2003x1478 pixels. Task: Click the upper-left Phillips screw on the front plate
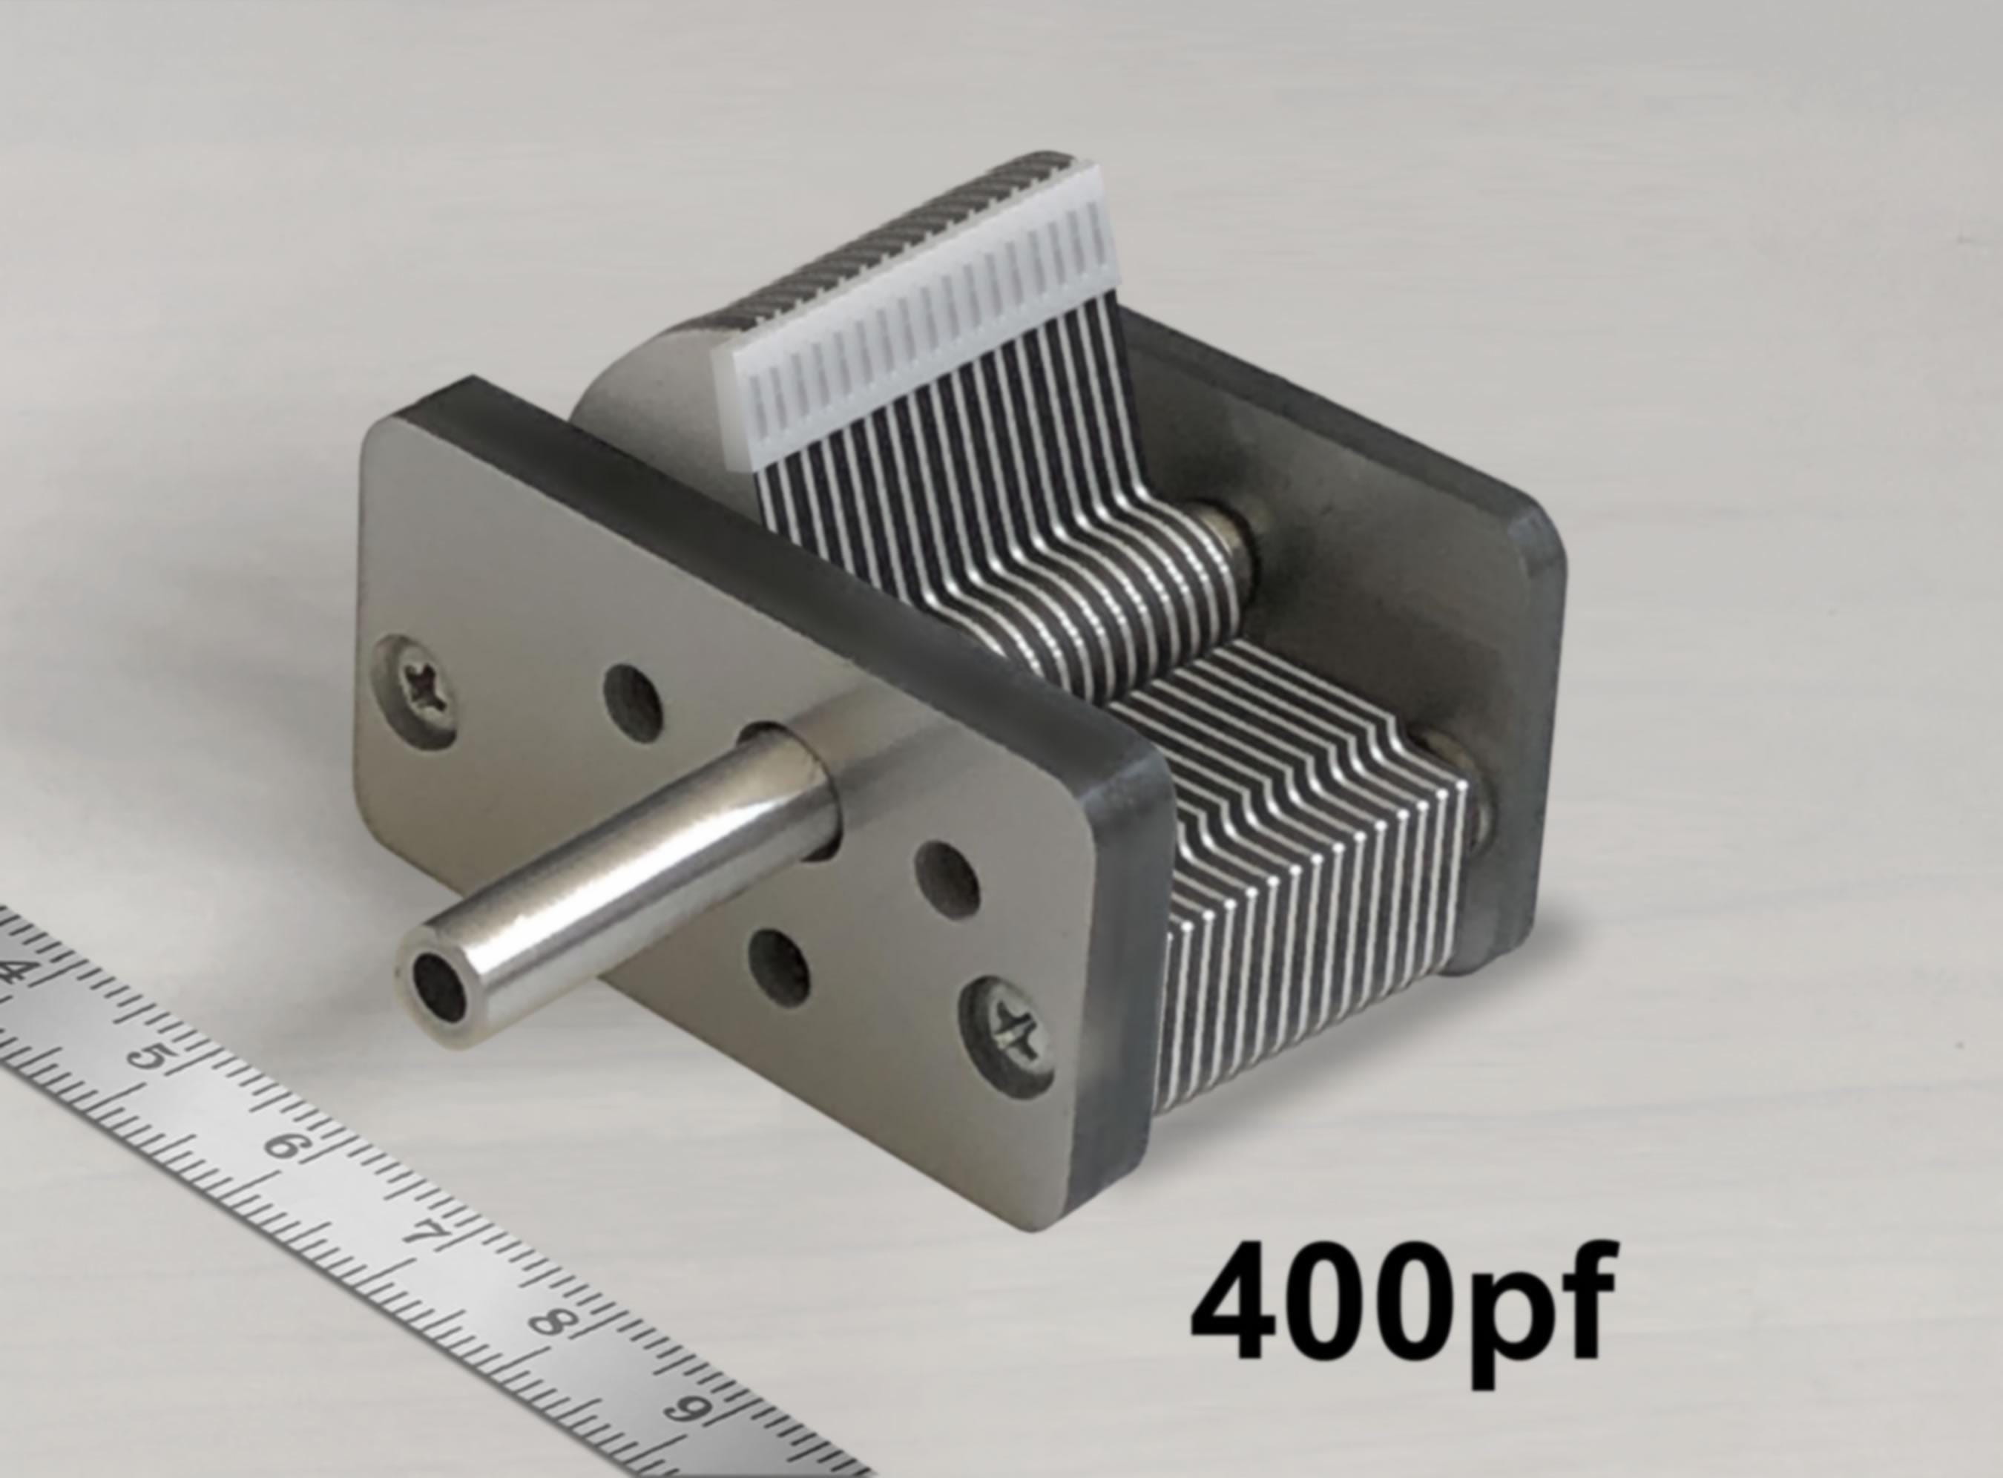[417, 691]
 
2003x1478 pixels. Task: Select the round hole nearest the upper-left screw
[634, 704]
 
